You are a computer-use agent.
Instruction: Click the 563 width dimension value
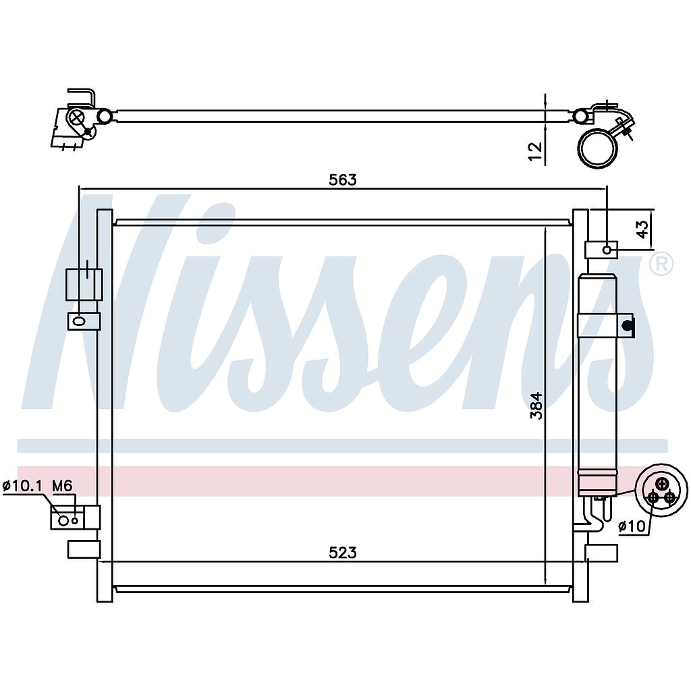pyautogui.click(x=342, y=180)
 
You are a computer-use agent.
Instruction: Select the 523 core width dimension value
pyautogui.click(x=342, y=553)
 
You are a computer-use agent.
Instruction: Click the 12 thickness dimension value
pyautogui.click(x=535, y=150)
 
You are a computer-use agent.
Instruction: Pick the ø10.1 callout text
pyautogui.click(x=22, y=485)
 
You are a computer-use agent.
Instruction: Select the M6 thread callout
pyautogui.click(x=62, y=485)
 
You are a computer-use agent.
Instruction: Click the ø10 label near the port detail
pyautogui.click(x=632, y=526)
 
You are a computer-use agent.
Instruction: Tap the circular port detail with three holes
pyautogui.click(x=661, y=490)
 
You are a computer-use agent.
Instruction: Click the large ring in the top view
pyautogui.click(x=598, y=148)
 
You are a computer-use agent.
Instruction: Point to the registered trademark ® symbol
pyautogui.click(x=661, y=264)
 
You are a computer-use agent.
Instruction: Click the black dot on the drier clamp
pyautogui.click(x=627, y=325)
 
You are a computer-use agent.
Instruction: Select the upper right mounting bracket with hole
pyautogui.click(x=601, y=250)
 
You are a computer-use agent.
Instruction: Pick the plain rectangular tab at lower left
pyautogui.click(x=83, y=549)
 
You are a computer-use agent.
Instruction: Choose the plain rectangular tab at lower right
pyautogui.click(x=601, y=552)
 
